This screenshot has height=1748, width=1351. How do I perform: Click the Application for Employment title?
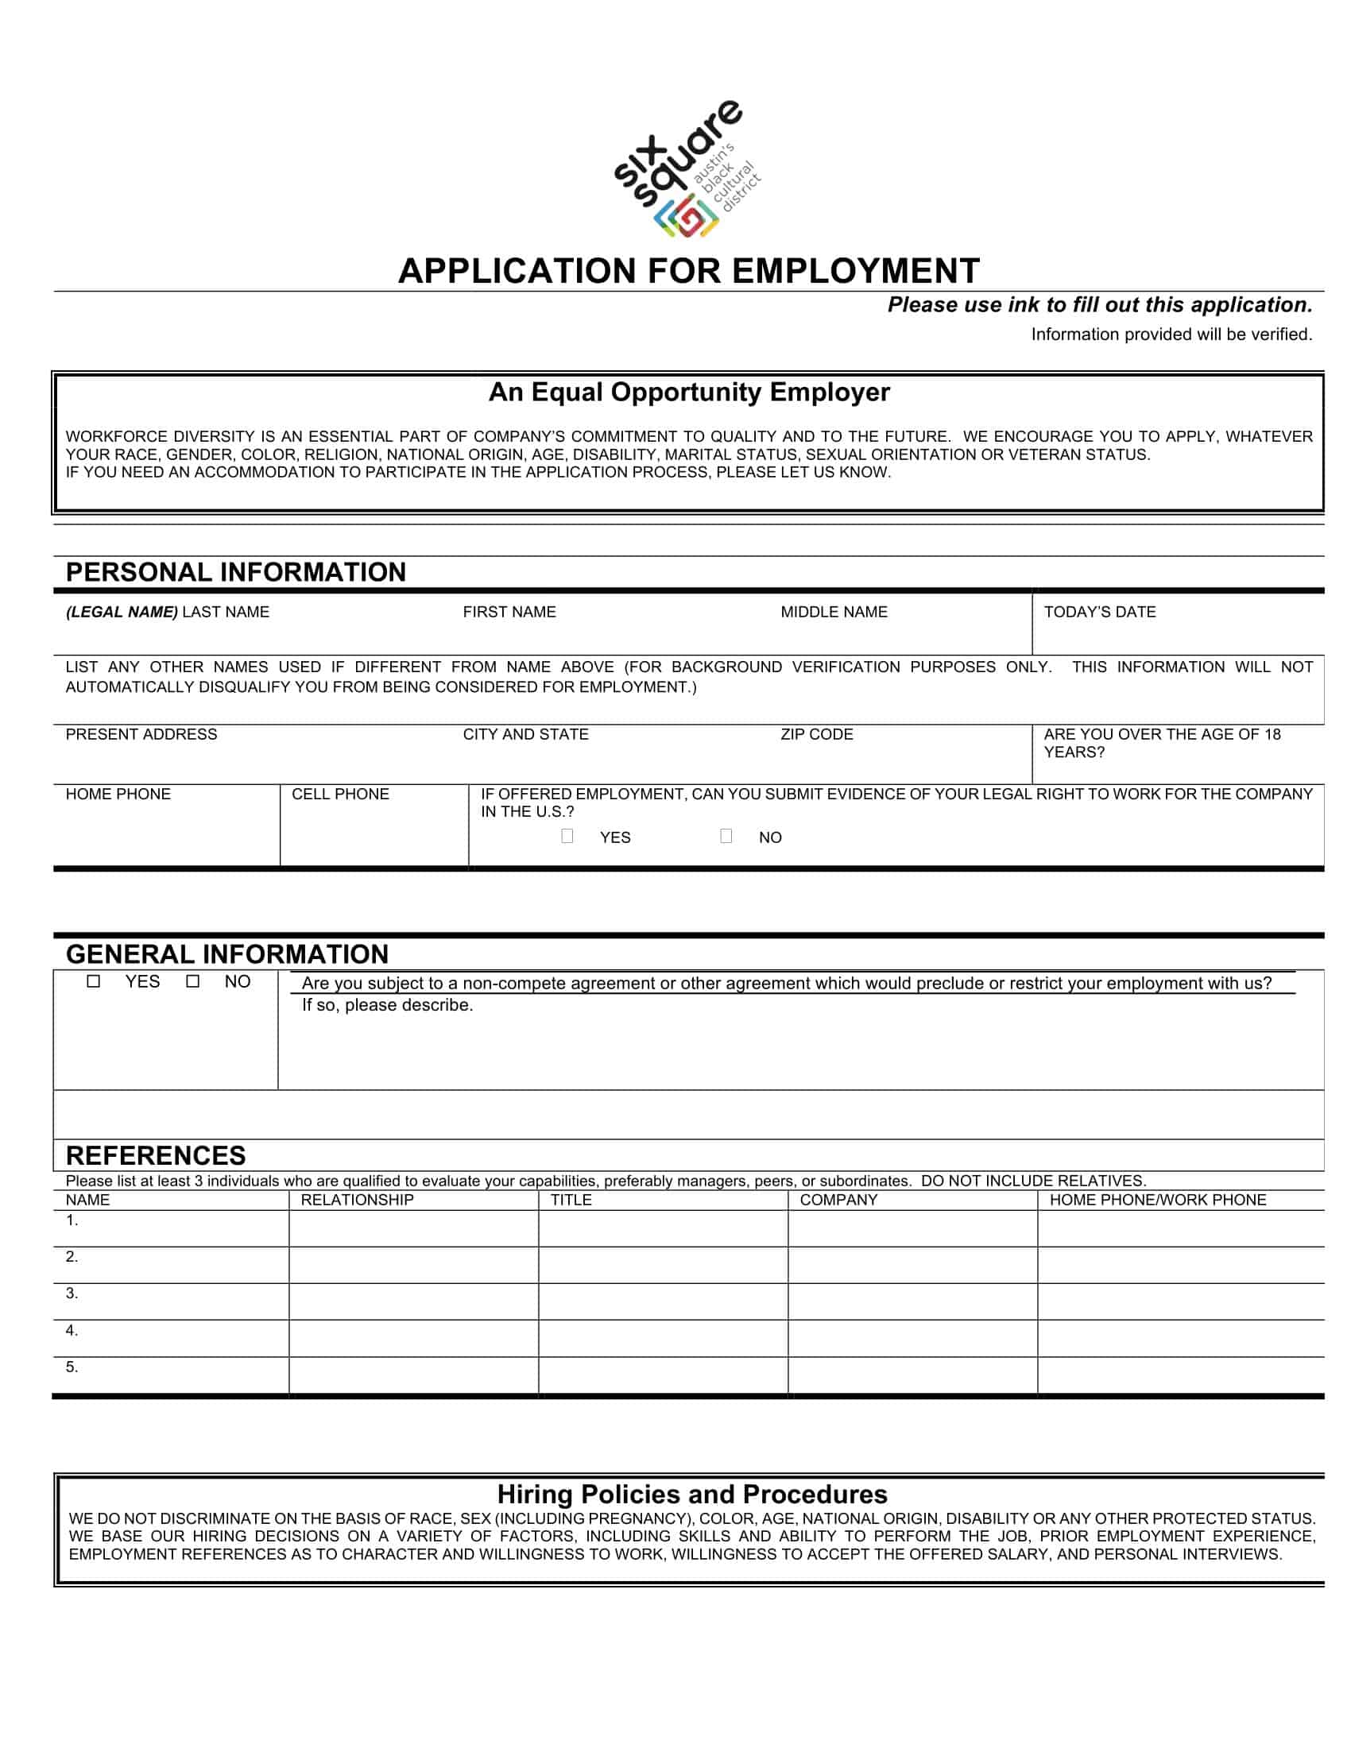click(x=688, y=271)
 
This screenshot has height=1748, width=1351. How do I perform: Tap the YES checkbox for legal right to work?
click(x=567, y=837)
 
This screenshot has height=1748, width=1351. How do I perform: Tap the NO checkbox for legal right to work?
click(x=726, y=837)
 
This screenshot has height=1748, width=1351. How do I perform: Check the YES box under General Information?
click(x=94, y=981)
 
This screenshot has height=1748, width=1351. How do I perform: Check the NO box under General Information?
click(x=193, y=981)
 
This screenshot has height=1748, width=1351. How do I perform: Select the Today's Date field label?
click(x=1099, y=613)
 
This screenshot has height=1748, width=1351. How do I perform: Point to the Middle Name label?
click(x=833, y=613)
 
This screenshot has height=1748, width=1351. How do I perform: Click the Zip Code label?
click(x=816, y=735)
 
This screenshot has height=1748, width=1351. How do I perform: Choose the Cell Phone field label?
click(x=340, y=794)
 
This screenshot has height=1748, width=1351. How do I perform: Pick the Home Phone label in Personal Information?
click(x=118, y=794)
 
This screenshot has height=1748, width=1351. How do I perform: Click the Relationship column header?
click(x=357, y=1200)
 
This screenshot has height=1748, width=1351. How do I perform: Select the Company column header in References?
click(x=838, y=1200)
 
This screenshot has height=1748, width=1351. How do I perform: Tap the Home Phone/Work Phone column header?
click(x=1157, y=1200)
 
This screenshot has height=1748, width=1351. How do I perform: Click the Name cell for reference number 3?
click(x=172, y=1301)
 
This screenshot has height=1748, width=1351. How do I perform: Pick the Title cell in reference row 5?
click(x=663, y=1375)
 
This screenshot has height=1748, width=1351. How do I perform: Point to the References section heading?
click(x=156, y=1156)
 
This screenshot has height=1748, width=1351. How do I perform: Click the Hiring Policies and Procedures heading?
click(x=692, y=1495)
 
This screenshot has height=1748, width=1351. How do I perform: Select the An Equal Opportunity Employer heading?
click(x=689, y=393)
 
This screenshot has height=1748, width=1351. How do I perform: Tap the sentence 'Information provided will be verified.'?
click(x=1171, y=335)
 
